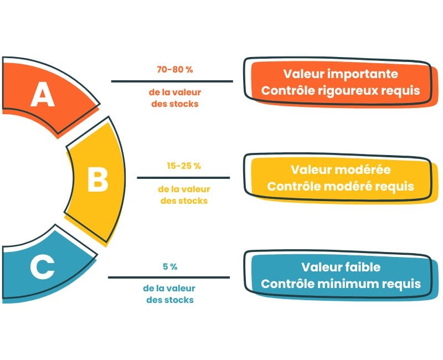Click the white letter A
[x=42, y=95]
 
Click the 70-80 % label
[x=174, y=70]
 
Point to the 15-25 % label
[x=183, y=166]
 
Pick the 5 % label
[x=170, y=266]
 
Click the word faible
[x=360, y=267]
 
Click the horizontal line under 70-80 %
[x=172, y=81]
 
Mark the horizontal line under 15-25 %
[x=183, y=178]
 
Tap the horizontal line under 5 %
[x=168, y=277]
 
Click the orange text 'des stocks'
[x=174, y=104]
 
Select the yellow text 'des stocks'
[x=184, y=200]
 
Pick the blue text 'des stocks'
[x=170, y=300]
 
